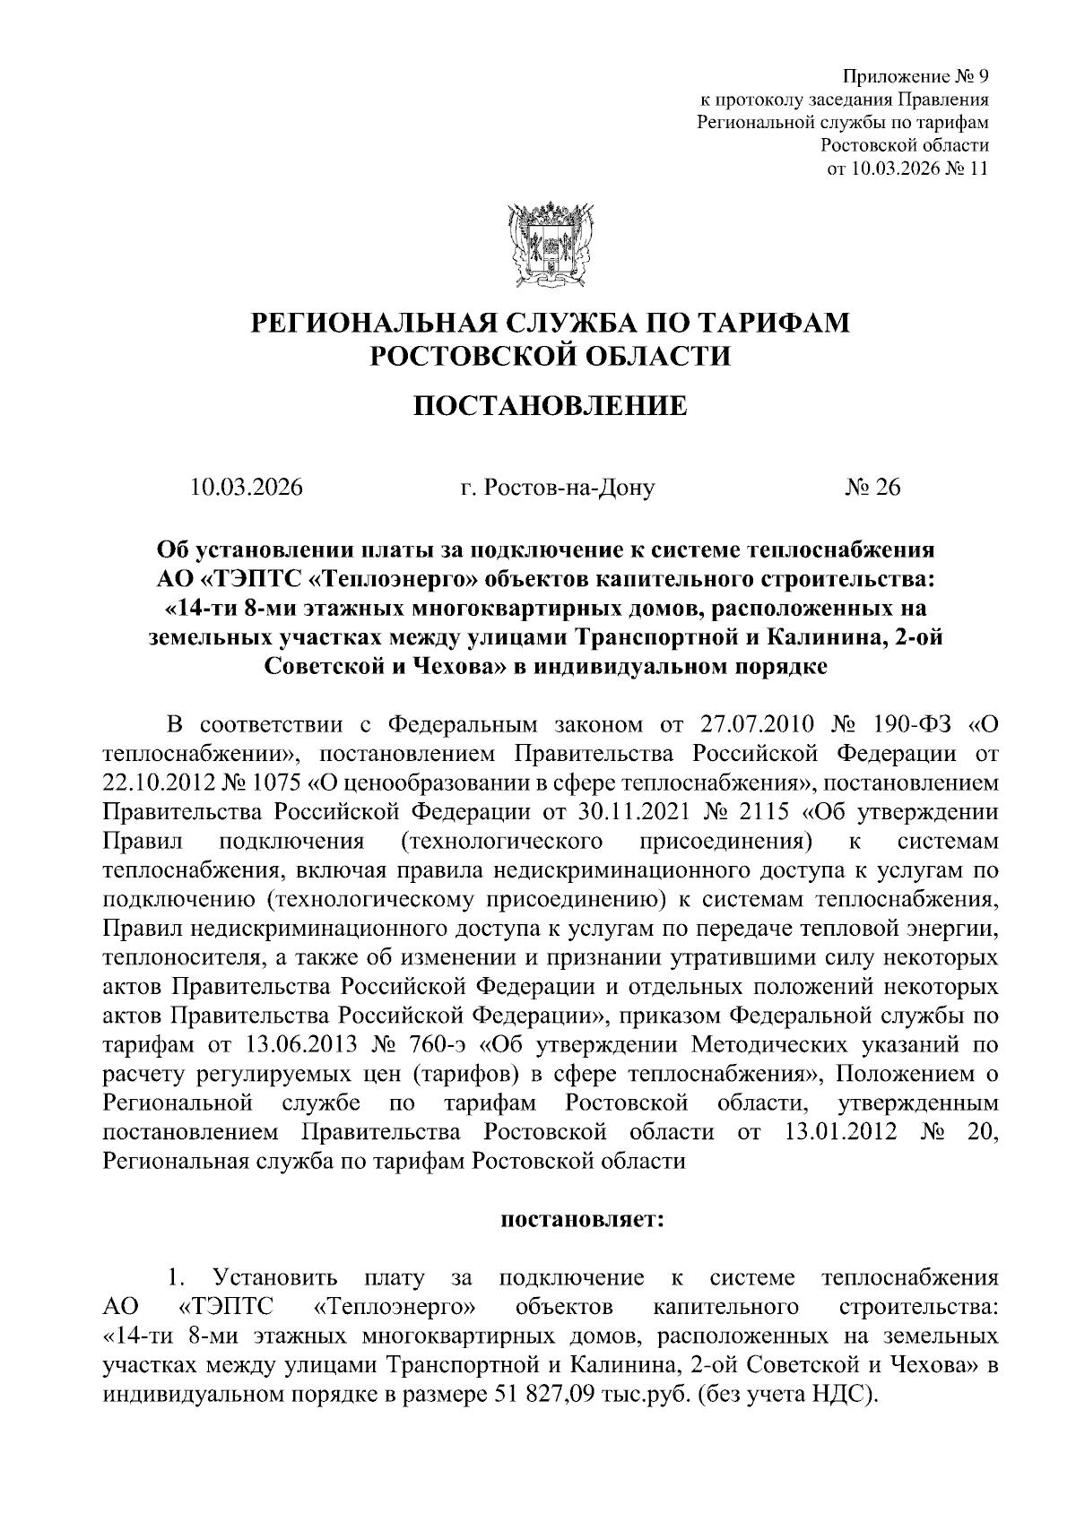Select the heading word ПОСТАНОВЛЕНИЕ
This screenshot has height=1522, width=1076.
tap(550, 407)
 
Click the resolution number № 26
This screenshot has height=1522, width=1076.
tap(872, 488)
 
